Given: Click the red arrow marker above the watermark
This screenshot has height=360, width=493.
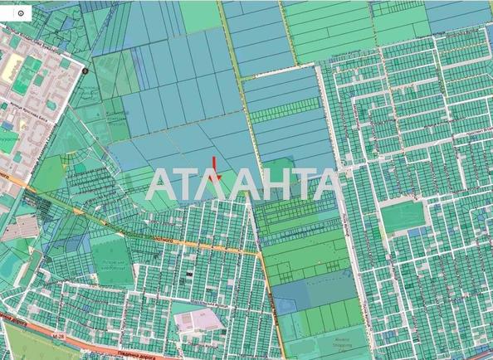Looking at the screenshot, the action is (x=214, y=166).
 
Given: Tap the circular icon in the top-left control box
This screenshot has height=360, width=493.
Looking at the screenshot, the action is (x=21, y=14).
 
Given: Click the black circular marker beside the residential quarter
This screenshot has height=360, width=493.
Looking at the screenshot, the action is (x=85, y=72).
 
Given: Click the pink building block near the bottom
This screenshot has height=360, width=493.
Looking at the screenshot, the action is (x=197, y=319).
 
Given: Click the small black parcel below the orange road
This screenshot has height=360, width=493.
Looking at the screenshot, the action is (x=189, y=270).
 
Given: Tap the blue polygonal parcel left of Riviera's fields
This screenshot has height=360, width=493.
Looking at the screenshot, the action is (x=285, y=304).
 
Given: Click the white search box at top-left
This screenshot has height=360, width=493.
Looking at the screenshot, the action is (x=16, y=14).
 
